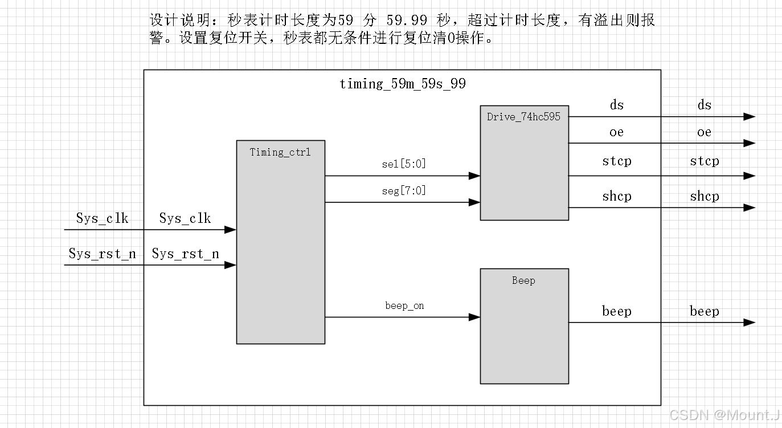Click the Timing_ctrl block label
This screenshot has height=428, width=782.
click(280, 152)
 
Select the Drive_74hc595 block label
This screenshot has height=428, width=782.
click(523, 117)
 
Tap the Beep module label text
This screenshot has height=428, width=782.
click(523, 280)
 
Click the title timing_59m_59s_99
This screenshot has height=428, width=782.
click(402, 84)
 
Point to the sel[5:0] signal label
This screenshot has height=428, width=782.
click(404, 164)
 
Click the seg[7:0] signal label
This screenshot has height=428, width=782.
click(404, 191)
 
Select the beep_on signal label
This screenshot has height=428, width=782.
click(404, 306)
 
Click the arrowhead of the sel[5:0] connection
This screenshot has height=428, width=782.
click(474, 176)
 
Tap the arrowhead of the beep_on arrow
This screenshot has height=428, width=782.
click(474, 317)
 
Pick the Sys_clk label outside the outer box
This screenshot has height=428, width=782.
click(103, 218)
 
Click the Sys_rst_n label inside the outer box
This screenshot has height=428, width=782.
click(185, 254)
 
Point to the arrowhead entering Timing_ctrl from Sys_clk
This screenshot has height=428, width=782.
click(230, 230)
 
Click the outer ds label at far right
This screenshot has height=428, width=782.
click(705, 105)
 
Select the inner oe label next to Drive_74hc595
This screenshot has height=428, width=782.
click(617, 132)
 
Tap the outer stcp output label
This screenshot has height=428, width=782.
click(705, 161)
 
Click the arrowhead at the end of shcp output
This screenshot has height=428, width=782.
click(750, 207)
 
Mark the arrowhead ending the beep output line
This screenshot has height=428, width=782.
click(750, 323)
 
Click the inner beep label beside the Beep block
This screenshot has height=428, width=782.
click(617, 311)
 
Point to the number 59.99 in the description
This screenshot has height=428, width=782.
click(407, 21)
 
